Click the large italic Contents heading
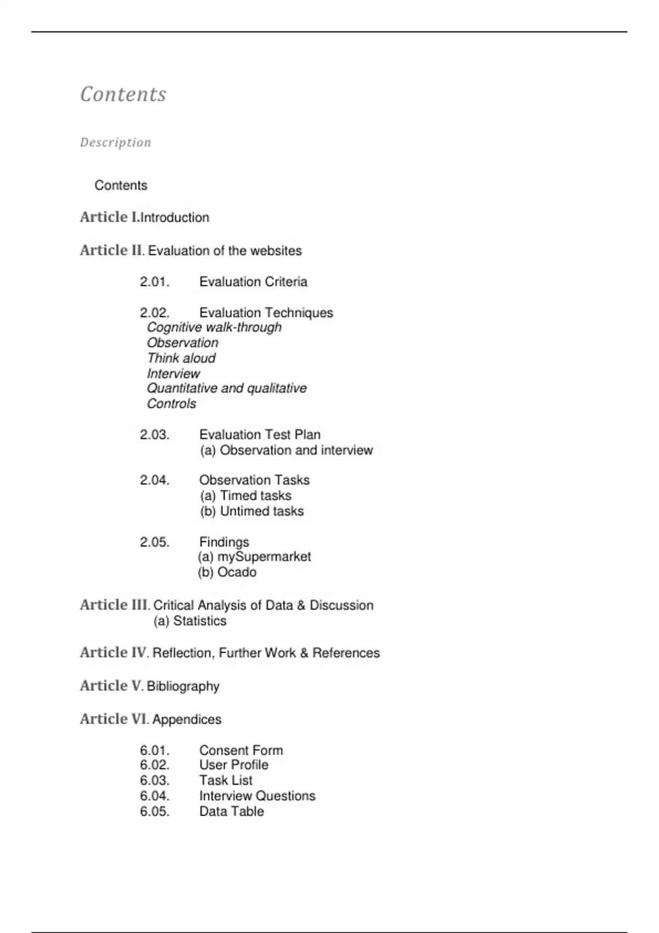pyautogui.click(x=123, y=94)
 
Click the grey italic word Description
pyautogui.click(x=115, y=143)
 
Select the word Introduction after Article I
pyautogui.click(x=175, y=218)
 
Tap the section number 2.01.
pyautogui.click(x=154, y=282)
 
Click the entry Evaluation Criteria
pyautogui.click(x=253, y=282)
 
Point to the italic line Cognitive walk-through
pyautogui.click(x=214, y=328)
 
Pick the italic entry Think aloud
pyautogui.click(x=181, y=358)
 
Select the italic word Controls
pyautogui.click(x=171, y=404)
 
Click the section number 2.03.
pyautogui.click(x=154, y=435)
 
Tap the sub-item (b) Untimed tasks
pyautogui.click(x=252, y=512)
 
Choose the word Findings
pyautogui.click(x=224, y=542)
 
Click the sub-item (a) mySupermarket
pyautogui.click(x=254, y=557)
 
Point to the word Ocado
pyautogui.click(x=237, y=572)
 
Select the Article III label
pyautogui.click(x=114, y=605)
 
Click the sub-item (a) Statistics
pyautogui.click(x=190, y=621)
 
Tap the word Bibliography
pyautogui.click(x=183, y=687)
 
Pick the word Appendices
pyautogui.click(x=187, y=720)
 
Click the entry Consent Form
pyautogui.click(x=241, y=750)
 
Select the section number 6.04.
pyautogui.click(x=154, y=796)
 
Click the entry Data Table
pyautogui.click(x=231, y=812)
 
